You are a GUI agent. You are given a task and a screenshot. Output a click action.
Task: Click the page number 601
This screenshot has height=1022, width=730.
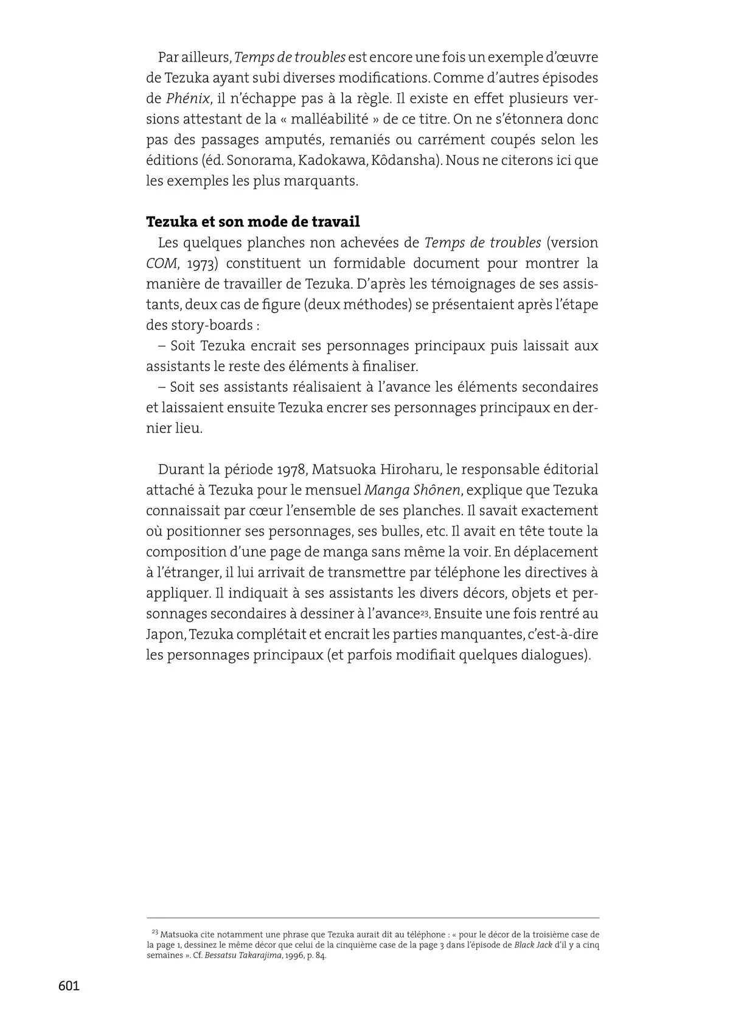coord(69,985)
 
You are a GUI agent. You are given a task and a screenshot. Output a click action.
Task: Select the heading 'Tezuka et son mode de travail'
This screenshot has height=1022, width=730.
coord(253,221)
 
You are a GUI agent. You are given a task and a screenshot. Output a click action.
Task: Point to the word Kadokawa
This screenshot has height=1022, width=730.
coord(327,161)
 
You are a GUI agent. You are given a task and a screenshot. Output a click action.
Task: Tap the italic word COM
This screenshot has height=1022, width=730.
coord(161,263)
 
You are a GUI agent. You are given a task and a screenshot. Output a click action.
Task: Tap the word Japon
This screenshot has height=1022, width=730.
coord(165,634)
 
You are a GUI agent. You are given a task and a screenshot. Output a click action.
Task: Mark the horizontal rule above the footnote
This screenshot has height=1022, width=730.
coord(372,918)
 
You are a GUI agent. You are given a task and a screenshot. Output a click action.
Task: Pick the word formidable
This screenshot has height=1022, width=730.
coord(361,263)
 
